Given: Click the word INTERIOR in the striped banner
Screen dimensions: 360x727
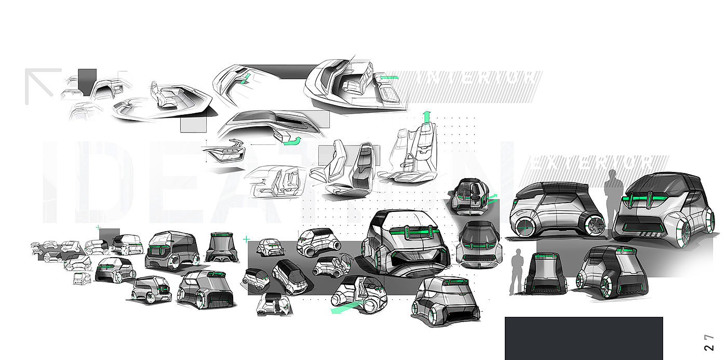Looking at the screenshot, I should tap(475, 79).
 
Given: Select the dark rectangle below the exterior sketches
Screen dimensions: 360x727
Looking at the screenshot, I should tap(584, 338).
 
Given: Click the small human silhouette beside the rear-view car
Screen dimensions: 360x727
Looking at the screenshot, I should tap(517, 271).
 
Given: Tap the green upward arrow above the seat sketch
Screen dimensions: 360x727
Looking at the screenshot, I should tap(426, 117).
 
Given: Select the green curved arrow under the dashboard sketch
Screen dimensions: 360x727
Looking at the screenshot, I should tap(294, 141).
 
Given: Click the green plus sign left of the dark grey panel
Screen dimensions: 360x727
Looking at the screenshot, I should tap(245, 239).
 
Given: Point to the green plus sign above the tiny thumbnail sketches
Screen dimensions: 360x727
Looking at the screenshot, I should tap(97, 228).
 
